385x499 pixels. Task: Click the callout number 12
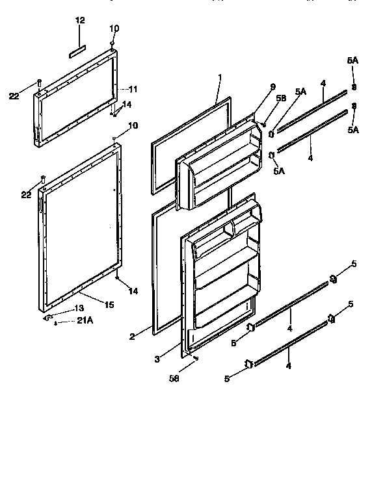80,21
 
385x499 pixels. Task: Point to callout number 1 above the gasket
219,77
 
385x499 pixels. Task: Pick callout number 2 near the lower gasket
131,336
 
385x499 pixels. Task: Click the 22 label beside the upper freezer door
14,96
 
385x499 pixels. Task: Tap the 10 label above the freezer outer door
114,28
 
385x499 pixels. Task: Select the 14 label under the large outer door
133,292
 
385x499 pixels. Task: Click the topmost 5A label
352,60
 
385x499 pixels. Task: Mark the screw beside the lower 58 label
194,358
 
